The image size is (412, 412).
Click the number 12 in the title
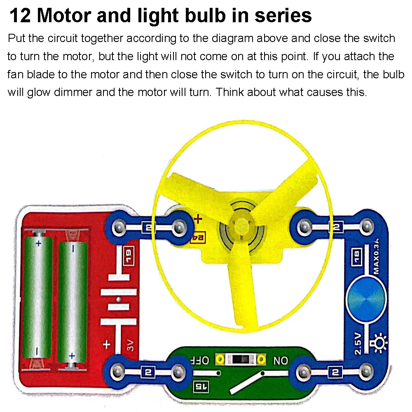[x=19, y=15]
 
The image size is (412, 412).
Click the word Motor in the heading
[x=68, y=15]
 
